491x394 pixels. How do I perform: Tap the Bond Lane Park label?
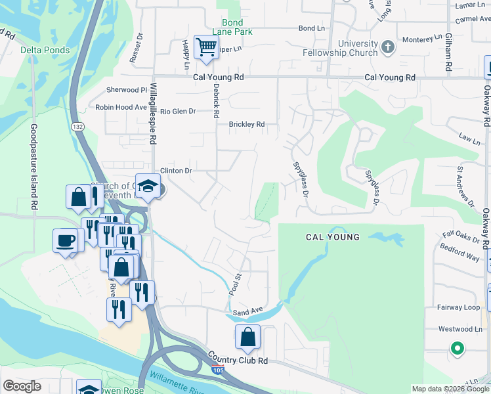pyautogui.click(x=228, y=27)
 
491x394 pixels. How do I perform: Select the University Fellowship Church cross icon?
pyautogui.click(x=388, y=47)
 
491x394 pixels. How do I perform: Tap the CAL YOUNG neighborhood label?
pyautogui.click(x=332, y=236)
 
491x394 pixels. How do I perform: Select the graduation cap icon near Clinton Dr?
pyautogui.click(x=148, y=186)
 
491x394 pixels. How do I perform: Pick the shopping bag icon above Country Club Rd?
pyautogui.click(x=248, y=338)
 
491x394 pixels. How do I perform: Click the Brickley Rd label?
pyautogui.click(x=246, y=124)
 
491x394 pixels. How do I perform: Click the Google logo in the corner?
pyautogui.click(x=22, y=386)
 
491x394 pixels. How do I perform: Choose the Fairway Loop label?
pyautogui.click(x=459, y=307)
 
